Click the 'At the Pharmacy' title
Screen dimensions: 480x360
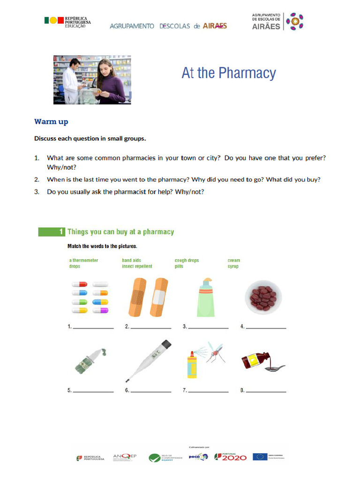click(229, 74)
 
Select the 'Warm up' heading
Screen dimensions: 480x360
click(51, 122)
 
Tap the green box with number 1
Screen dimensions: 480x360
click(51, 232)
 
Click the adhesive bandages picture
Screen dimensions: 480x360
click(148, 297)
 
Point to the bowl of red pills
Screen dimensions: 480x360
click(263, 297)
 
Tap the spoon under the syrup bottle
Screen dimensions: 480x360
click(275, 368)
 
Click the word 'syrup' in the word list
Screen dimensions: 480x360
click(233, 266)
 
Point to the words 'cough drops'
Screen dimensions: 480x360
click(187, 260)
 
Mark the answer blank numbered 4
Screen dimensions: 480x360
click(266, 327)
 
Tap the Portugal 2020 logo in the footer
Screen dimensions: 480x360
click(230, 457)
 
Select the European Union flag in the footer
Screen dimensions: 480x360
click(260, 456)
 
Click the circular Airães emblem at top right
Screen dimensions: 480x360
click(295, 21)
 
